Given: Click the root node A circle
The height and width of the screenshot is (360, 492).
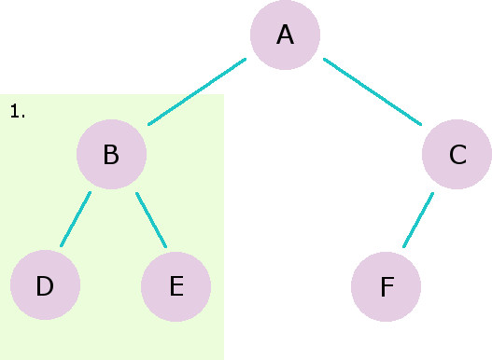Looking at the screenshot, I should tap(285, 35).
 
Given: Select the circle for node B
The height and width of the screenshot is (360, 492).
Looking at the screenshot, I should tap(111, 154).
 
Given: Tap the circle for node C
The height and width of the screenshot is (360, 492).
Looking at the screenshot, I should tap(457, 155).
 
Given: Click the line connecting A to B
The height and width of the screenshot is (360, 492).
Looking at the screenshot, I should tap(197, 91).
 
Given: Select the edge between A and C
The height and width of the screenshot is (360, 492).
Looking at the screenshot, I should tap(373, 91).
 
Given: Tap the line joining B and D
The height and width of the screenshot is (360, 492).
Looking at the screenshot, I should tap(76, 219).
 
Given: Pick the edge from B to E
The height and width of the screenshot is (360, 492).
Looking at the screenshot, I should tap(151, 220).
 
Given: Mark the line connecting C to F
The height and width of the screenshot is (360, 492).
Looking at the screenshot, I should tap(418, 220).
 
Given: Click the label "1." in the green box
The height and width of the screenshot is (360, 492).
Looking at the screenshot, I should tap(18, 112).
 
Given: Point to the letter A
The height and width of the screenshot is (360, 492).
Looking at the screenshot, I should tap(285, 35).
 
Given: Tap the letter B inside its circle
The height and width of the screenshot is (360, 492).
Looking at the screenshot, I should tap(111, 154).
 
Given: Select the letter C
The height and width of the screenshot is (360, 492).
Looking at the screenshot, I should tap(457, 155).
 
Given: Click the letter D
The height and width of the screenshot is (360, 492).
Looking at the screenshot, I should tap(45, 286).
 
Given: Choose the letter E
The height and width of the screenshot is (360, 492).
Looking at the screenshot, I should tap(176, 286).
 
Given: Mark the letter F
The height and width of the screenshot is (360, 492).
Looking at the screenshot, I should tap(387, 286).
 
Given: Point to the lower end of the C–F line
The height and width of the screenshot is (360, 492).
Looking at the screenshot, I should tap(405, 245).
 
